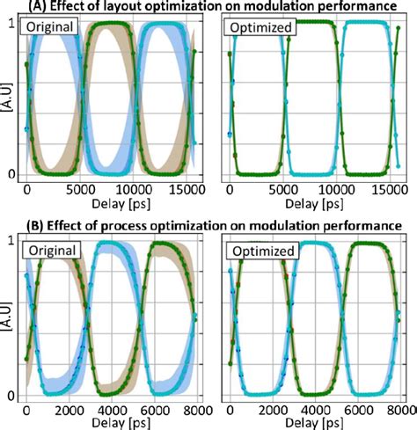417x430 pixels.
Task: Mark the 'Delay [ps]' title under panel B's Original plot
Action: (113, 423)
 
